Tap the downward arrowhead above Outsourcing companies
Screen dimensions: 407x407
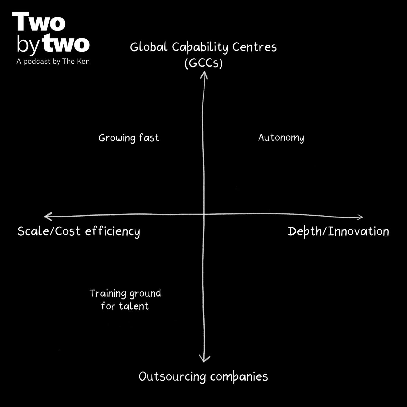204,359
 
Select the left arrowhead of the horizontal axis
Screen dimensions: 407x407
47,216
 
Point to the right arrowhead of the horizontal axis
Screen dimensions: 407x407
360,217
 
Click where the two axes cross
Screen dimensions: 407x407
203,215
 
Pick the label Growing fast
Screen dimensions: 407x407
129,138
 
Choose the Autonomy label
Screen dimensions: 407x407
281,138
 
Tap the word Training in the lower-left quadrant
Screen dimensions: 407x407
108,294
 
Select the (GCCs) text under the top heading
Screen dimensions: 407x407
203,63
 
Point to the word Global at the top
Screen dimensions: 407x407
149,47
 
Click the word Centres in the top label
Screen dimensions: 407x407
254,47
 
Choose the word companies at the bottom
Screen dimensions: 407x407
239,377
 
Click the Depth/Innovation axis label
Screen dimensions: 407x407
338,232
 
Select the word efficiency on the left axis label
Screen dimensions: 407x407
113,232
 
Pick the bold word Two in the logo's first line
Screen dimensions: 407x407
39,22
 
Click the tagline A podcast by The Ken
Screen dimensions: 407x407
53,62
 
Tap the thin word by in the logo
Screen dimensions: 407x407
28,44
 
